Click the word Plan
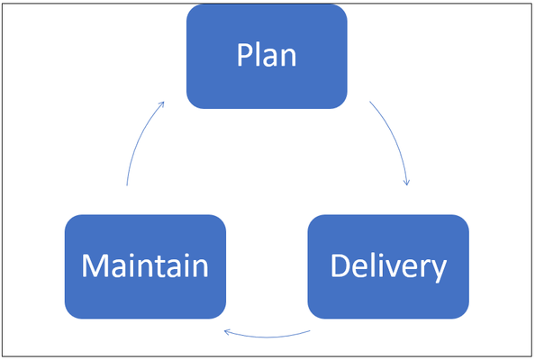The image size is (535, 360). (267, 55)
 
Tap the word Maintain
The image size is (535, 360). (145, 265)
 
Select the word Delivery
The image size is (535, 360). (388, 267)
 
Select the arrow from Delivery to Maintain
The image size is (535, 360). (267, 337)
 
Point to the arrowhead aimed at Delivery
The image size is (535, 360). (406, 182)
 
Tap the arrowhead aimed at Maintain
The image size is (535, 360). (228, 332)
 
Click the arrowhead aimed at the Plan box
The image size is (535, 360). (161, 104)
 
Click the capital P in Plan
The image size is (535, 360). (244, 55)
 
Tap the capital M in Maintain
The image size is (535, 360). (93, 265)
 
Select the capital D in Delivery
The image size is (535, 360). (340, 265)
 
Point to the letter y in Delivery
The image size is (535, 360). (438, 272)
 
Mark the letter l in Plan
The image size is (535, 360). (257, 55)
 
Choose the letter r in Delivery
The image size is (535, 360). (424, 269)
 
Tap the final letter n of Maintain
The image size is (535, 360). (201, 269)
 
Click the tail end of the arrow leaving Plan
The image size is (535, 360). (370, 101)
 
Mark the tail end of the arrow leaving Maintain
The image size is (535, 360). (127, 185)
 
